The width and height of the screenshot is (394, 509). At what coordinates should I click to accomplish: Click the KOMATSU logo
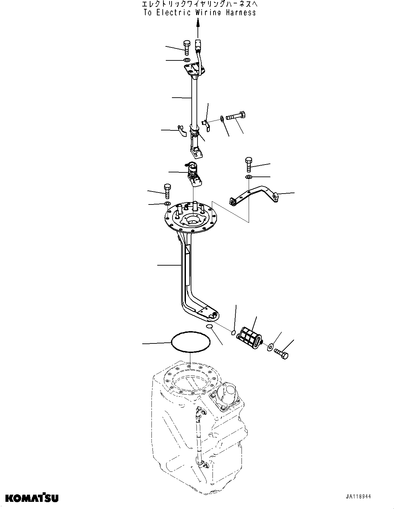pyautogui.click(x=31, y=498)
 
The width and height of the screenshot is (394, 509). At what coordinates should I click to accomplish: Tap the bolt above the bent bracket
pyautogui.click(x=248, y=164)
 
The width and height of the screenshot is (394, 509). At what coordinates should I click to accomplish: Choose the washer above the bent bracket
pyautogui.click(x=249, y=177)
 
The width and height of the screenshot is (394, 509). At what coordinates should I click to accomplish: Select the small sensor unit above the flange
pyautogui.click(x=194, y=174)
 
